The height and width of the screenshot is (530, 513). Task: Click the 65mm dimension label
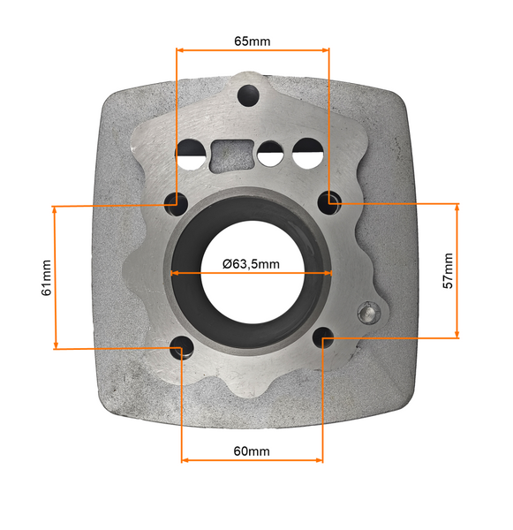click(x=253, y=42)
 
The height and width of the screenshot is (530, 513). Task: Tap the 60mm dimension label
click(x=252, y=451)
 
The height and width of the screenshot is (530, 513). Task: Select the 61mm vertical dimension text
click(x=47, y=277)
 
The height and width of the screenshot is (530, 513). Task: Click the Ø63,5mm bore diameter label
click(x=251, y=263)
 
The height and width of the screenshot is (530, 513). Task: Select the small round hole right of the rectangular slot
click(x=271, y=155)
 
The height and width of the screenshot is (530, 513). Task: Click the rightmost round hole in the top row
click(x=307, y=154)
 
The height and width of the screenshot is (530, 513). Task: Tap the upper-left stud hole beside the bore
click(x=175, y=201)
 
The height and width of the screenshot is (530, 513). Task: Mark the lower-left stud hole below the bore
click(x=182, y=347)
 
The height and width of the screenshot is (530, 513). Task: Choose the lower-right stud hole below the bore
click(x=323, y=337)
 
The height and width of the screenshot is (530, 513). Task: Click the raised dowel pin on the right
click(x=366, y=313)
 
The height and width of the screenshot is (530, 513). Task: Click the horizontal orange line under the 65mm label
click(x=253, y=51)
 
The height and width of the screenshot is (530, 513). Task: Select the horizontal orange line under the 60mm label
click(x=252, y=460)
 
